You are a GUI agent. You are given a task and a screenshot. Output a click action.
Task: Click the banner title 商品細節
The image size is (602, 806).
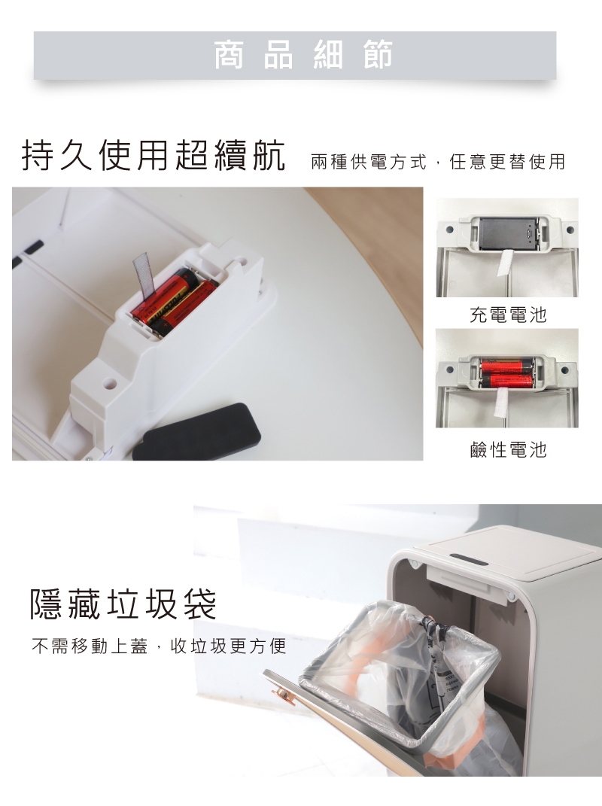[303, 54]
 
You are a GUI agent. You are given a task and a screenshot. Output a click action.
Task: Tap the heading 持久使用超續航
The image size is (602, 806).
[154, 155]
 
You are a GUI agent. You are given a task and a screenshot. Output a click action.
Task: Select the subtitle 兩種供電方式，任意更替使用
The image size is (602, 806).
[438, 162]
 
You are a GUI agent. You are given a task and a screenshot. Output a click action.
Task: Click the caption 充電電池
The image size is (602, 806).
[508, 315]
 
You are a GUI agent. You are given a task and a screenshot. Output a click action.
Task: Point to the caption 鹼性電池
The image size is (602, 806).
[508, 450]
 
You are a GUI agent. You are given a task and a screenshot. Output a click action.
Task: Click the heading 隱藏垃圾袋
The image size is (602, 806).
[123, 604]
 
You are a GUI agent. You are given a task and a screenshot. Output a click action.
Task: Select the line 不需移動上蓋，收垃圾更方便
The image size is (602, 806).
[159, 646]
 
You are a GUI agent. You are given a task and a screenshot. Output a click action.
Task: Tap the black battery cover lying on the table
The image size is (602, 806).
[197, 432]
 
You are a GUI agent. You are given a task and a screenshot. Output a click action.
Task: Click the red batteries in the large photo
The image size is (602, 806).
[174, 303]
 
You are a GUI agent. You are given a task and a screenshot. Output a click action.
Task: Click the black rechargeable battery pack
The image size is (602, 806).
[507, 234]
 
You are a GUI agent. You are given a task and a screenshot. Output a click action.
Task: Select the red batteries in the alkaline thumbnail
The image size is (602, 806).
[507, 373]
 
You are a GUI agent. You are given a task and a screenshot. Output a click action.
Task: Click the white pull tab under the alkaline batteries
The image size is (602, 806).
[501, 403]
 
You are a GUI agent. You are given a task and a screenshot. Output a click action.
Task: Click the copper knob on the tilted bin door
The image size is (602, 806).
[281, 695]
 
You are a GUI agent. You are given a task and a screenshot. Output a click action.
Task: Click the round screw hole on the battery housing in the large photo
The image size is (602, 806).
[109, 382]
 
